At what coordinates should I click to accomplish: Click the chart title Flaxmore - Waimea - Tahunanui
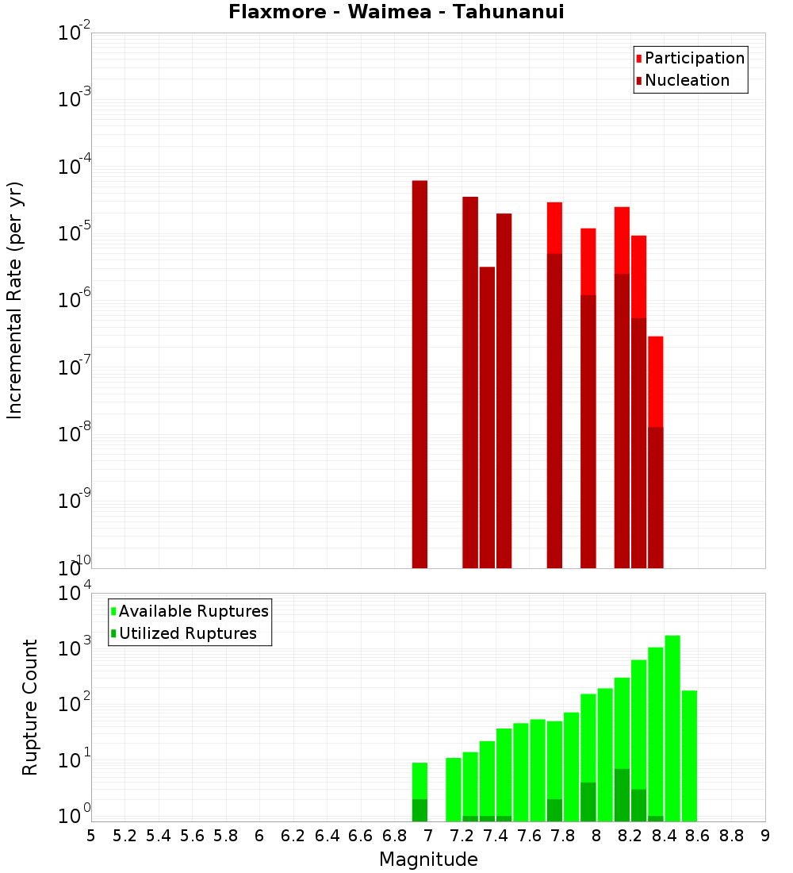coord(396,12)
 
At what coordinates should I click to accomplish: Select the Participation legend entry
coord(695,58)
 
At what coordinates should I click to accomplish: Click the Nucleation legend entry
coord(687,80)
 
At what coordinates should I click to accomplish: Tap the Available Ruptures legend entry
coord(193,611)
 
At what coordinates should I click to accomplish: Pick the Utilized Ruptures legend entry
coord(187,633)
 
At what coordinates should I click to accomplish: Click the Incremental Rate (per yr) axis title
coord(15,300)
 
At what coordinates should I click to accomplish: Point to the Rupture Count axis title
coord(30,706)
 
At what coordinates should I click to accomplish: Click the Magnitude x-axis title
coord(428,860)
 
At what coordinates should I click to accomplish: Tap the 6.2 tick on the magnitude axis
coord(293,836)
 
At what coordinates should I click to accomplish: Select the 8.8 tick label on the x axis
coord(732,836)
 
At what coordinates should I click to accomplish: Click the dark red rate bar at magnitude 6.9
coord(419,373)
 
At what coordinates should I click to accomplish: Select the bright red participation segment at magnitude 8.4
coord(655,381)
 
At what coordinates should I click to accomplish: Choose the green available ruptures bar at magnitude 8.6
coord(689,754)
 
